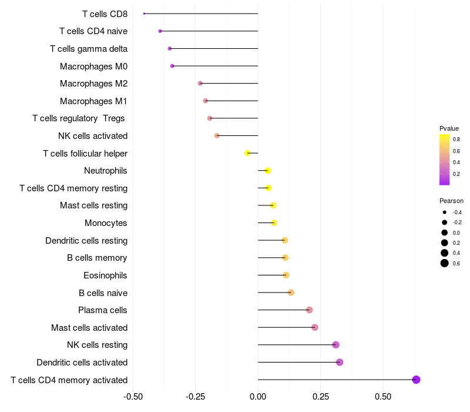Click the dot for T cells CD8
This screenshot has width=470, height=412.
(x=144, y=14)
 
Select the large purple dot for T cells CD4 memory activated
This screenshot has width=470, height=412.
(x=416, y=380)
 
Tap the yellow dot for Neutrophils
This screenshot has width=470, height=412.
(x=268, y=171)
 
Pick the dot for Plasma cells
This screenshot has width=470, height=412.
(x=310, y=310)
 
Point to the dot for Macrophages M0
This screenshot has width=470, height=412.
(x=172, y=66)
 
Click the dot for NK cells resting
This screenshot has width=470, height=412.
(x=335, y=345)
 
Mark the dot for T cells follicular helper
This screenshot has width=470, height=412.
(x=247, y=153)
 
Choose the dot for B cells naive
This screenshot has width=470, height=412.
(x=291, y=293)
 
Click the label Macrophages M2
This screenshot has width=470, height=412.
(x=93, y=84)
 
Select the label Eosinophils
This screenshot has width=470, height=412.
(x=105, y=275)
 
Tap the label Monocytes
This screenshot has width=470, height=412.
(x=106, y=223)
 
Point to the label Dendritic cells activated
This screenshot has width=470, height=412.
(x=82, y=363)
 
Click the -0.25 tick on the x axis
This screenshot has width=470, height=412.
(x=196, y=397)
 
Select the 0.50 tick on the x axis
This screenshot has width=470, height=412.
(x=383, y=397)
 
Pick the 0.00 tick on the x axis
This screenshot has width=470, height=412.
(x=258, y=397)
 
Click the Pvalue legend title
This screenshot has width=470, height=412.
(x=449, y=128)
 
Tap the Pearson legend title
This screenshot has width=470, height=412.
(x=451, y=201)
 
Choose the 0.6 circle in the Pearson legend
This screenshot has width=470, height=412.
(x=445, y=263)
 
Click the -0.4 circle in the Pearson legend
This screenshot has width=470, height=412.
(x=445, y=212)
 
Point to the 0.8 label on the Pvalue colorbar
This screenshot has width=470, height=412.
(x=456, y=139)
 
